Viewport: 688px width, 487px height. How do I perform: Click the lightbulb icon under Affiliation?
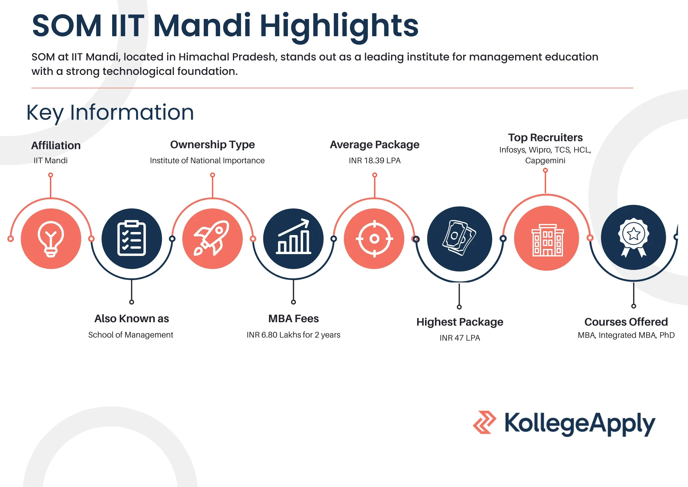(x=51, y=239)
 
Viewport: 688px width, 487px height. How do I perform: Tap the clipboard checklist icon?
(x=132, y=238)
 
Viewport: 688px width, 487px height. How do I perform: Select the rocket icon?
(x=212, y=238)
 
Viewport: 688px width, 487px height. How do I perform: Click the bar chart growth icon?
(x=293, y=238)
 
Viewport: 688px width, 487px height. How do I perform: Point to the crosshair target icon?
(x=374, y=238)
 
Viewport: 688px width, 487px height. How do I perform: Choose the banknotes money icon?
(x=459, y=238)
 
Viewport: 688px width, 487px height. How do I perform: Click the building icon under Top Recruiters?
(x=547, y=239)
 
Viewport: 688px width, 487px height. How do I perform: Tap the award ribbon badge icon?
(x=633, y=237)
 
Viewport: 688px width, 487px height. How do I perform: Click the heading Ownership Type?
(x=212, y=145)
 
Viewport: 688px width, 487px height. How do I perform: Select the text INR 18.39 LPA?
(x=374, y=160)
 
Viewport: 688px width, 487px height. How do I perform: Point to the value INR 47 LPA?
(x=460, y=338)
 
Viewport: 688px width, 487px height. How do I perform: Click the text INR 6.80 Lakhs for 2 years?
(x=293, y=335)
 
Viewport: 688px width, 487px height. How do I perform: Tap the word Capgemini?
(x=545, y=160)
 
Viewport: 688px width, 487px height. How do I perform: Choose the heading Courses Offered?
(x=626, y=322)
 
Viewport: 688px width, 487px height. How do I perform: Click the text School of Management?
(x=131, y=335)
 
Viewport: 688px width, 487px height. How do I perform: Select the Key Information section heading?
(x=110, y=113)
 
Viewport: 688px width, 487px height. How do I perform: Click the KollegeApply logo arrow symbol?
(x=484, y=422)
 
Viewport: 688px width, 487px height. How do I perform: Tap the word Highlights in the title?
(x=339, y=26)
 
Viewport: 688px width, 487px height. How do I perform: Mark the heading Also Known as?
(x=131, y=319)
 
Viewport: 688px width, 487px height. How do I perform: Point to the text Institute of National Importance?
(x=207, y=160)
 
